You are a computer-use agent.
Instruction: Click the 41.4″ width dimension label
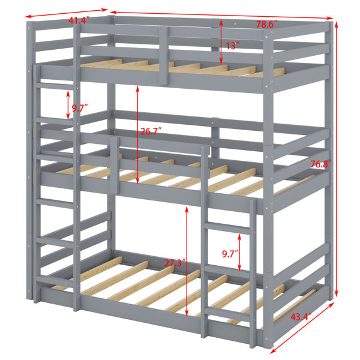tap(78, 21)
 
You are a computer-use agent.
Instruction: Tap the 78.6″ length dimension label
tap(267, 25)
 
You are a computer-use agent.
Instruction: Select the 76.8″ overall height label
tap(321, 164)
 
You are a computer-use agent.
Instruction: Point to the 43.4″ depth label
tap(301, 317)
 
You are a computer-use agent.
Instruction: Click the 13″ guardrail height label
tap(233, 46)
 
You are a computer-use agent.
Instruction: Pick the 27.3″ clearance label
tap(175, 263)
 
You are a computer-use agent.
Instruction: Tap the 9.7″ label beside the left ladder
tap(80, 108)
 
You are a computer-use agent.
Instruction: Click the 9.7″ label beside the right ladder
tap(230, 254)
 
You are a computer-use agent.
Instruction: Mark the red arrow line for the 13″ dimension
tap(221, 41)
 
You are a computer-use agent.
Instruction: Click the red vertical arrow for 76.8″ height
tap(336, 158)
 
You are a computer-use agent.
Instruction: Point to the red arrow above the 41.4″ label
tap(67, 13)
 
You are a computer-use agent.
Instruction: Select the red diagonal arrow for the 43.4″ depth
tap(302, 328)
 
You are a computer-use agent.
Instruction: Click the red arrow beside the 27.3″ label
tap(187, 261)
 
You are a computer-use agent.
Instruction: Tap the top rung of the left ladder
tap(55, 86)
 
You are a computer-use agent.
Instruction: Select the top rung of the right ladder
tap(227, 227)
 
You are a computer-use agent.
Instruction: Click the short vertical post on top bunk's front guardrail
tap(164, 56)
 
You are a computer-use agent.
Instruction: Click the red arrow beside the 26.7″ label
tap(137, 134)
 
